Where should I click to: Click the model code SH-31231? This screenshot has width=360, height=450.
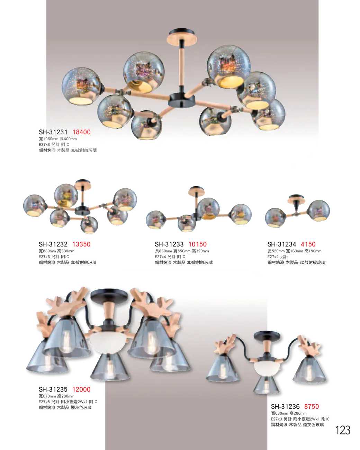tap(53, 132)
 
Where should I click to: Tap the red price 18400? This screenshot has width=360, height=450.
tap(82, 132)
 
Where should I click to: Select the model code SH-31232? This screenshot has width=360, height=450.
tap(53, 244)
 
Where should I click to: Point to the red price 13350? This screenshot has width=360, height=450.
tap(82, 244)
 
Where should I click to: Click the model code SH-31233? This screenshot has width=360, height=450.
tap(169, 244)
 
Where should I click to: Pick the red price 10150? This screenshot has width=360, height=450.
tap(198, 244)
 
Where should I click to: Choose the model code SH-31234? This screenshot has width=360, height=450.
tap(282, 244)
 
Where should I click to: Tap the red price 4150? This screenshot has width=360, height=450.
tap(308, 244)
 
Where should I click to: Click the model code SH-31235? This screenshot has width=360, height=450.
tap(53, 389)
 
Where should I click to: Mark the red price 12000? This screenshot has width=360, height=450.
tap(82, 389)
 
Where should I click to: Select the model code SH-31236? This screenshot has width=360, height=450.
tap(285, 406)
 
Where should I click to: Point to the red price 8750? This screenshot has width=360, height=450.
tap(312, 406)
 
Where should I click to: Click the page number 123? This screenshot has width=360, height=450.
tap(343, 430)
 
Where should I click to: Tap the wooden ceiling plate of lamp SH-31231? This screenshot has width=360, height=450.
tap(182, 40)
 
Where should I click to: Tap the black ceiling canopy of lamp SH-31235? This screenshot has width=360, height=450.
tap(109, 295)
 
